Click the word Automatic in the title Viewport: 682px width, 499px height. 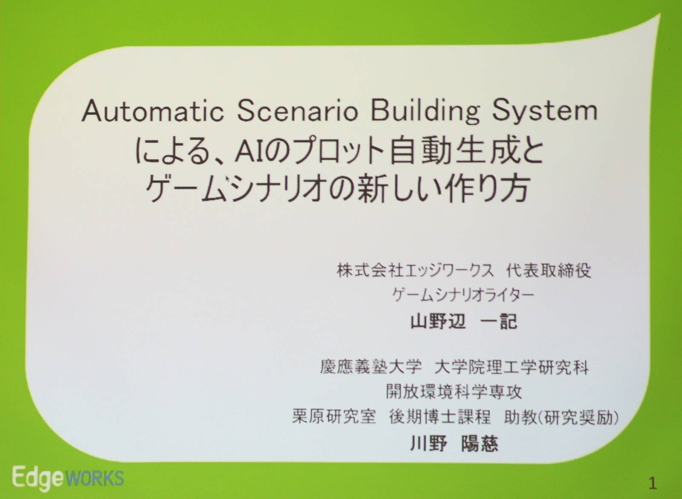[153, 111]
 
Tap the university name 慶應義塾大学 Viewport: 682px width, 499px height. [371, 367]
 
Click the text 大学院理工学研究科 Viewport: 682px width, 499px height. [511, 367]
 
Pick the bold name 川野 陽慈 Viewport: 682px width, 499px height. [454, 444]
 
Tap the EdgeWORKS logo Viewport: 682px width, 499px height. [68, 479]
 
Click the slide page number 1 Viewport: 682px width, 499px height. [653, 484]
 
